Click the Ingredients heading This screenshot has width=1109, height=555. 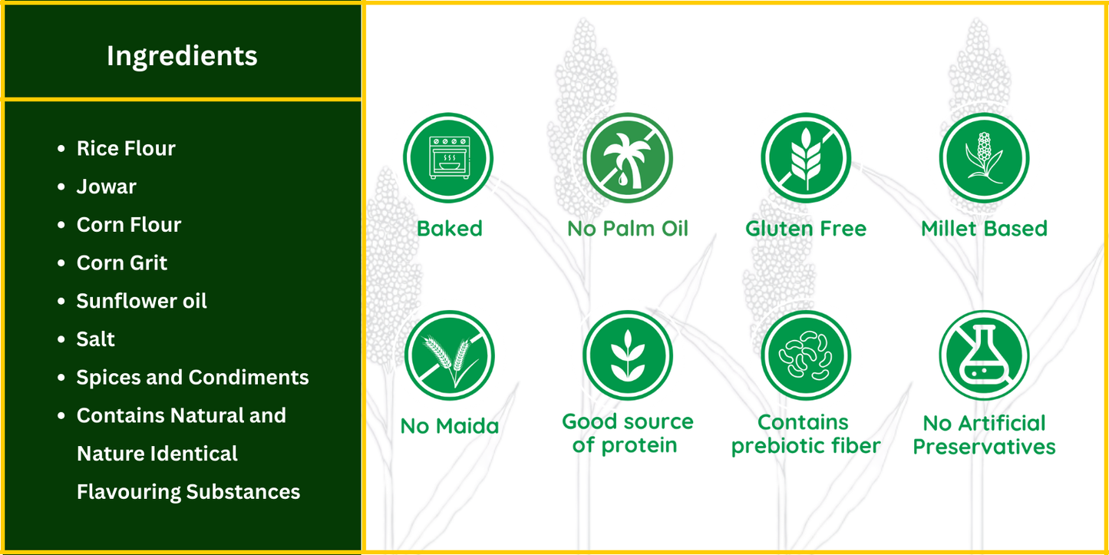point(182,56)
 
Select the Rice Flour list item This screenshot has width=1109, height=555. point(126,148)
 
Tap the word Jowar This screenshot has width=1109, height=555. point(106,187)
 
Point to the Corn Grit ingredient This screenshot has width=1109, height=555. point(121,263)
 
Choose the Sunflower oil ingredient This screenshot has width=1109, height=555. point(141,301)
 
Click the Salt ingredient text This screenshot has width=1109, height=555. point(95,339)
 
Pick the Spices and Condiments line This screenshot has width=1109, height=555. point(192,378)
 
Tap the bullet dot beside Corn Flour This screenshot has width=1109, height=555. point(61,225)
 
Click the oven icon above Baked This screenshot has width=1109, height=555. point(448,158)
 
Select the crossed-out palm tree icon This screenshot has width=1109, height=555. point(627,158)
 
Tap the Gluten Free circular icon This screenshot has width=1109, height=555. point(806,158)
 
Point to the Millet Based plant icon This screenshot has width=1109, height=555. point(984,158)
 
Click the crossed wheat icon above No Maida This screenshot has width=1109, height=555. point(449,355)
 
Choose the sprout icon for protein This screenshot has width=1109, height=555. point(627,355)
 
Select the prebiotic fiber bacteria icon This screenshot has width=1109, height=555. point(806,355)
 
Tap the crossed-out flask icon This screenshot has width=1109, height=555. point(984,355)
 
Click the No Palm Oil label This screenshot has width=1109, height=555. point(628,229)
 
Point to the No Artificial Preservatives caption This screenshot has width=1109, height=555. point(984,434)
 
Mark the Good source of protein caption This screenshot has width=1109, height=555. point(627,434)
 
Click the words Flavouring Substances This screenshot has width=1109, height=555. point(188,492)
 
